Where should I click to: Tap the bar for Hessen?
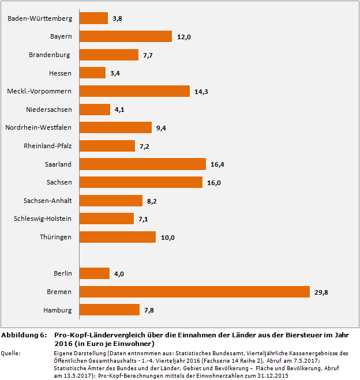92,73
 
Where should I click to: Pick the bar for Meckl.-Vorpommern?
134,91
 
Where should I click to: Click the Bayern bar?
125,36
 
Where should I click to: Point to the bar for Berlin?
94,273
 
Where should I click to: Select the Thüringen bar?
117,237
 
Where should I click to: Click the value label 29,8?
321,292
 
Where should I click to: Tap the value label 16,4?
217,164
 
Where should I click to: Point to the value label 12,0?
183,37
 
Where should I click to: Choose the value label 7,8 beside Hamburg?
148,311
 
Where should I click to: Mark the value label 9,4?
161,128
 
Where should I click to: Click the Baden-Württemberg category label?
40,18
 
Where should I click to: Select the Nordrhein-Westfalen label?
38,127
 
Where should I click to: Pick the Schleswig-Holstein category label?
43,219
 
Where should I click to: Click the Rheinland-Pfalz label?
48,146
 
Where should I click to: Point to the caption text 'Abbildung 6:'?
24,335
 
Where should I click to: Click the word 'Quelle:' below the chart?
13,352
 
